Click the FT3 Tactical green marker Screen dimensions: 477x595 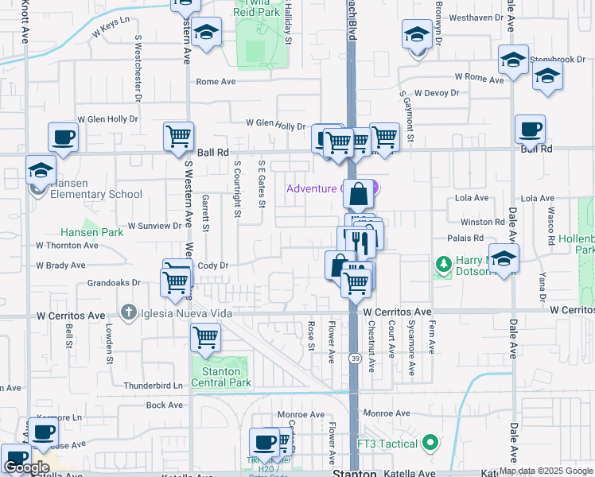[430, 442]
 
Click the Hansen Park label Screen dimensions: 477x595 [92, 233]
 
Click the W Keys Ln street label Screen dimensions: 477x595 [111, 29]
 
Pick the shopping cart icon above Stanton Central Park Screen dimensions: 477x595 [206, 337]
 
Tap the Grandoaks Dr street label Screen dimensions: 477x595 [114, 282]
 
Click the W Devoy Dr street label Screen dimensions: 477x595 [434, 92]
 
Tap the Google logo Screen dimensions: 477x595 [26, 468]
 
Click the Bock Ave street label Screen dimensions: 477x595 [166, 405]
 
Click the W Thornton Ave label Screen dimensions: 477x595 [67, 246]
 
